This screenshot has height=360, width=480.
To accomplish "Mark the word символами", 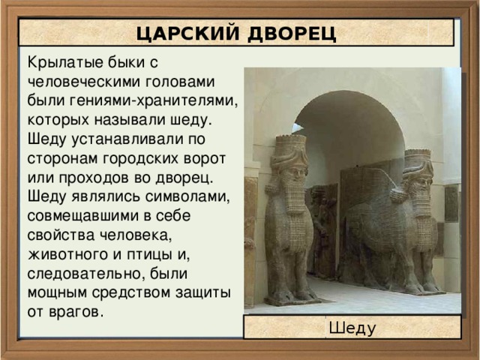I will click(183, 198).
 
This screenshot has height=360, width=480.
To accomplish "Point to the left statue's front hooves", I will click(283, 297).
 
